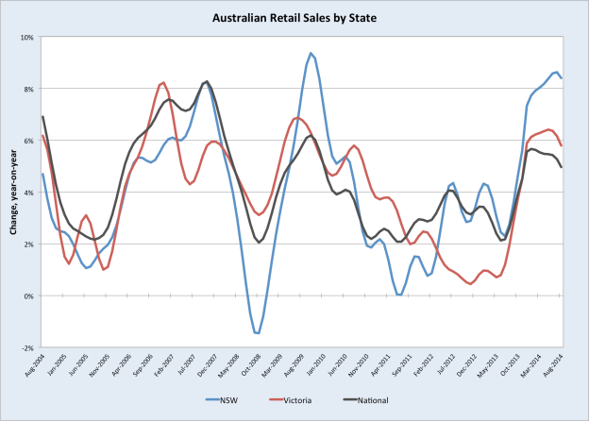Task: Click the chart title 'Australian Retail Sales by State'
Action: (x=294, y=16)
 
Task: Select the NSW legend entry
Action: (x=227, y=401)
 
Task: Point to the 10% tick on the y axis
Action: (x=27, y=38)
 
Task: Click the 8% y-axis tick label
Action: (x=29, y=90)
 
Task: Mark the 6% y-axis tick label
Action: (x=29, y=141)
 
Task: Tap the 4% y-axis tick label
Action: (x=29, y=193)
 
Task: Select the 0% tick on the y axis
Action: (x=29, y=295)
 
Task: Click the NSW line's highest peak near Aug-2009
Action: (x=311, y=54)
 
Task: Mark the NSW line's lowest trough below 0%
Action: (x=257, y=333)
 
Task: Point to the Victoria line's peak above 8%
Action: (x=163, y=82)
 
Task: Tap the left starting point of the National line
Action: (x=42, y=117)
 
